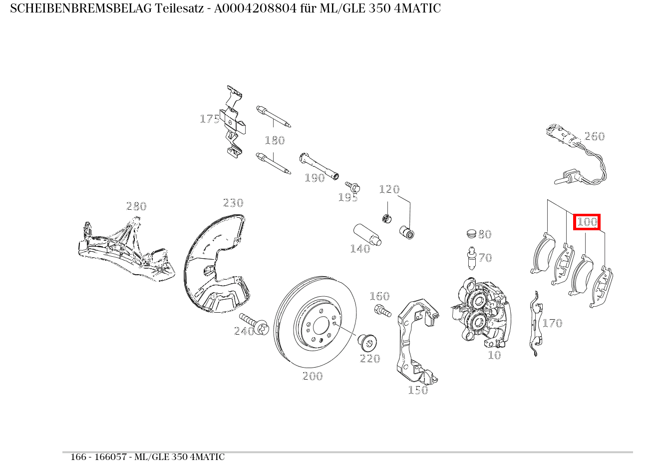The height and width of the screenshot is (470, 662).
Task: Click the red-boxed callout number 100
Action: pyautogui.click(x=587, y=222)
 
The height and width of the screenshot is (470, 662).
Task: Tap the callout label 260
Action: pyautogui.click(x=594, y=136)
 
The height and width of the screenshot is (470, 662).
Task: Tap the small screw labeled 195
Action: pyautogui.click(x=353, y=187)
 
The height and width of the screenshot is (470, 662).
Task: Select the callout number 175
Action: pyautogui.click(x=210, y=119)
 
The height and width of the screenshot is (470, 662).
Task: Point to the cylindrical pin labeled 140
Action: pyautogui.click(x=367, y=235)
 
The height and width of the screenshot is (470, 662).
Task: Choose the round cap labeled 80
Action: pyautogui.click(x=471, y=234)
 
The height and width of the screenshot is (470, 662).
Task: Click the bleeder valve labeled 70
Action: pyautogui.click(x=470, y=258)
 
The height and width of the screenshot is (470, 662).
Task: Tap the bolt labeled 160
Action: pyautogui.click(x=382, y=311)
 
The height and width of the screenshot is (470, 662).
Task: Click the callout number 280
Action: pyautogui.click(x=136, y=206)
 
